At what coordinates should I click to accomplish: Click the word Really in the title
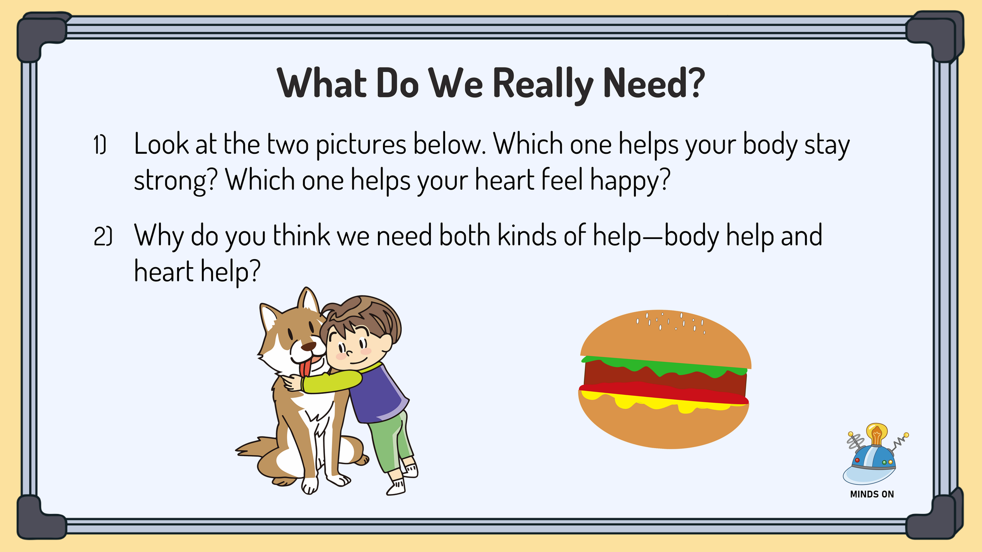pyautogui.click(x=542, y=84)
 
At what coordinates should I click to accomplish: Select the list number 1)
pyautogui.click(x=100, y=145)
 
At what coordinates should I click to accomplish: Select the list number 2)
pyautogui.click(x=102, y=236)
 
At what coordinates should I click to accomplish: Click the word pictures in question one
pyautogui.click(x=361, y=145)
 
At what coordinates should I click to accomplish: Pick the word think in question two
pyautogui.click(x=301, y=235)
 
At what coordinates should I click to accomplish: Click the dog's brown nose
pyautogui.click(x=308, y=346)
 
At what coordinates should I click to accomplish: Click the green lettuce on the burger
pyautogui.click(x=664, y=365)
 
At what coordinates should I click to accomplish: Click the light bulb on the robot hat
pyautogui.click(x=877, y=434)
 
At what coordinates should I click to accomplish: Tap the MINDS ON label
pyautogui.click(x=872, y=495)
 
